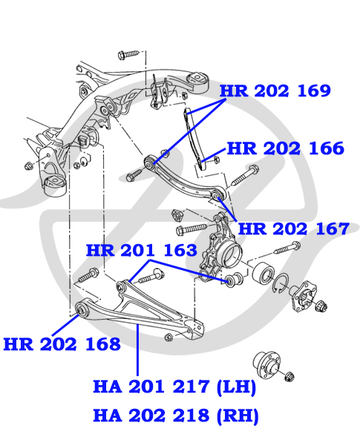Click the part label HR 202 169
[275, 91]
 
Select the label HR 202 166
[285, 148]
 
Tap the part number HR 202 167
[294, 229]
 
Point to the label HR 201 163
[141, 250]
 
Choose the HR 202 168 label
[62, 344]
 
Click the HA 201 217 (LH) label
[174, 387]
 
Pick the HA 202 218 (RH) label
[175, 416]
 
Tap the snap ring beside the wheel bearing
[281, 283]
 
